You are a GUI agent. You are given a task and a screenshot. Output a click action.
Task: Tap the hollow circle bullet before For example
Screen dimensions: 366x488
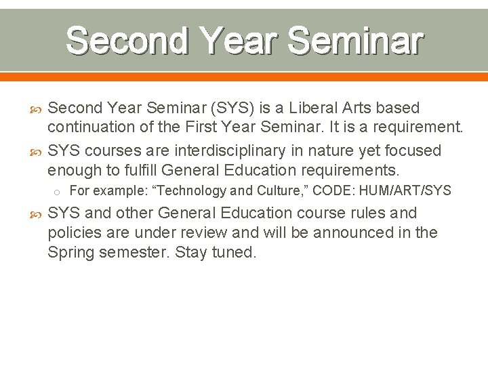(x=60, y=192)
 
